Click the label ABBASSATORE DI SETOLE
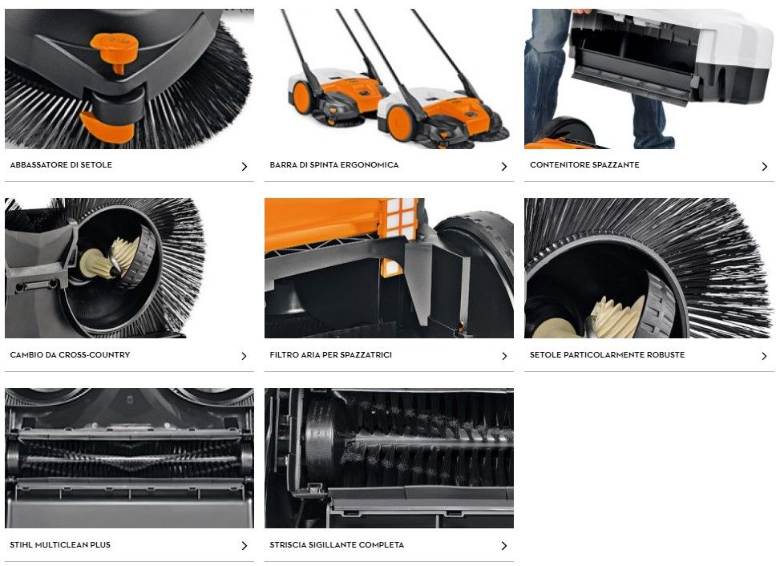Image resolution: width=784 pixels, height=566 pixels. (61, 165)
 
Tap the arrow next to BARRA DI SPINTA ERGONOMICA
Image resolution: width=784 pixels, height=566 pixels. (504, 167)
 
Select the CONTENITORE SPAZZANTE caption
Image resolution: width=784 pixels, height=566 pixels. (584, 165)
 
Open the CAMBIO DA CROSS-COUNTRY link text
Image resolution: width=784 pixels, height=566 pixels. (70, 355)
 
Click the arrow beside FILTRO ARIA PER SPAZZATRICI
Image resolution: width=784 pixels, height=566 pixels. (504, 357)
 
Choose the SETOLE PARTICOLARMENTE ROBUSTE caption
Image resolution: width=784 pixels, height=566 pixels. (607, 355)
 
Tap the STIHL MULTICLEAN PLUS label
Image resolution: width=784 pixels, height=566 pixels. (60, 545)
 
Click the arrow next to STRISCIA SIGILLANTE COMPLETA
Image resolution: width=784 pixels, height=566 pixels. (504, 546)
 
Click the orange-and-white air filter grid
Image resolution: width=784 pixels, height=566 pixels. (398, 219)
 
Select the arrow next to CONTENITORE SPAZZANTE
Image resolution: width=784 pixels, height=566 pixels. (764, 167)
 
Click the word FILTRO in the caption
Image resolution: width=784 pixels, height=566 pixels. (285, 355)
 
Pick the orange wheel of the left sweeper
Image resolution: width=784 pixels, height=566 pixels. (302, 97)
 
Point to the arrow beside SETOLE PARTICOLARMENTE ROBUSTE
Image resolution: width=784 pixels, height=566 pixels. (764, 357)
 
